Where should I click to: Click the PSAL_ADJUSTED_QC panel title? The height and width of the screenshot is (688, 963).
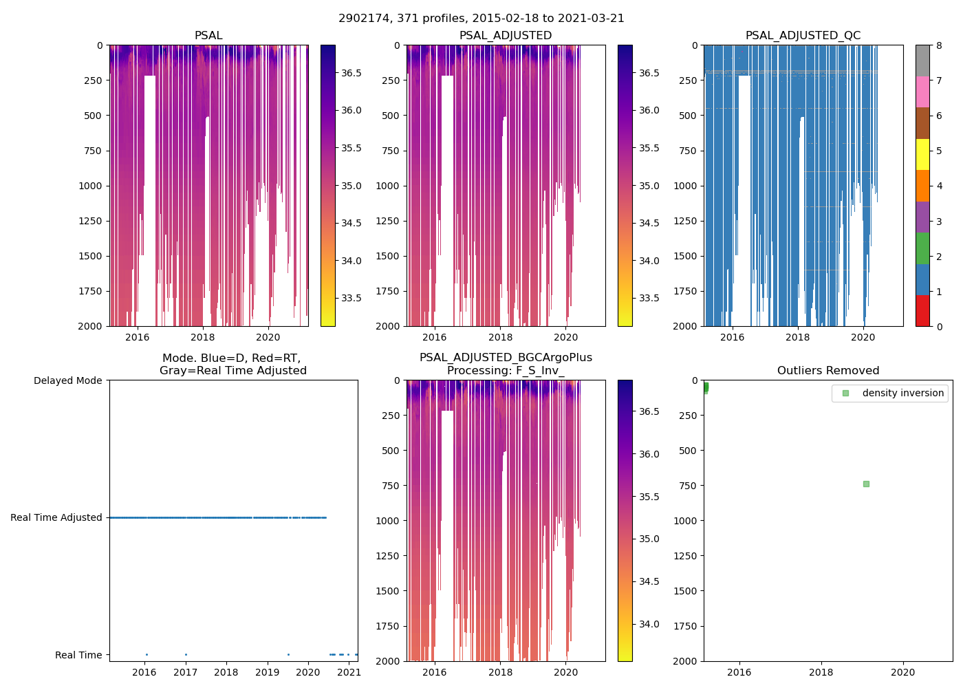pos(803,36)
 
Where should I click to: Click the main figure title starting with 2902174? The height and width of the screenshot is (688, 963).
pos(481,19)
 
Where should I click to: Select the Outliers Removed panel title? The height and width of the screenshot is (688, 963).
pos(828,371)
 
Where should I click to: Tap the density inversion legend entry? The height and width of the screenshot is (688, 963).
pos(902,393)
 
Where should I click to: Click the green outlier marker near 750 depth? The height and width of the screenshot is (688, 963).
pos(866,484)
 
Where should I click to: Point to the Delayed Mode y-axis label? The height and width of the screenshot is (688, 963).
pos(67,380)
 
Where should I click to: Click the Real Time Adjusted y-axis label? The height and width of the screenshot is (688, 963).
pos(56,517)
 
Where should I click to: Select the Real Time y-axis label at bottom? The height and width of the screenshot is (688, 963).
pos(78,655)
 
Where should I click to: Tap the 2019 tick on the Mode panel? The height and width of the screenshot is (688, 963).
pos(267,672)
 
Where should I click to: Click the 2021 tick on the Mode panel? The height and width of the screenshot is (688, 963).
pos(349,672)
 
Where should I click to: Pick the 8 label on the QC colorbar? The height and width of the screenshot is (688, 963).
pos(939,45)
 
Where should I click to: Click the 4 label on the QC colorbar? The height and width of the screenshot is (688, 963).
pos(939,186)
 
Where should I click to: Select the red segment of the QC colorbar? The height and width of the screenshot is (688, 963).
pos(922,311)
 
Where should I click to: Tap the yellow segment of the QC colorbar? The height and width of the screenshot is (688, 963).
pos(922,155)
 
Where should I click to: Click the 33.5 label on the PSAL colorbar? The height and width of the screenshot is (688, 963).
pos(351,298)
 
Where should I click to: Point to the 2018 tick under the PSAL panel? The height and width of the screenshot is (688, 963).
pos(202,337)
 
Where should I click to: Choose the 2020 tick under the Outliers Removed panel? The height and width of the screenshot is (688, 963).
pos(902,672)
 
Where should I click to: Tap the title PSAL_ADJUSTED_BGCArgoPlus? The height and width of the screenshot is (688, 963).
pos(506,358)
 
